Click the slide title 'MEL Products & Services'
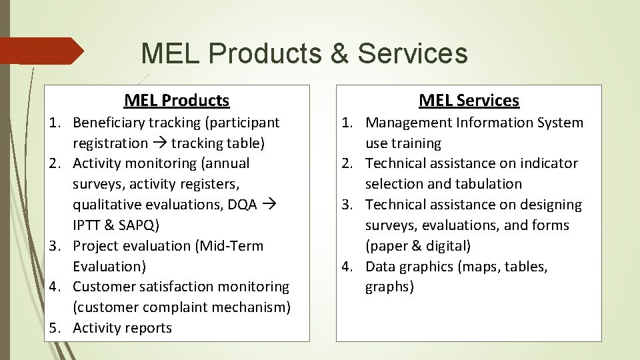tap(304, 53)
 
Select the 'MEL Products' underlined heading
tap(177, 101)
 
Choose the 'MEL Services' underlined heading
tap(469, 101)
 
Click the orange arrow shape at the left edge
tap(41, 51)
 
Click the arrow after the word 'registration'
tap(159, 143)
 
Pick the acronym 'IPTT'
tap(87, 225)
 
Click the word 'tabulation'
tap(489, 184)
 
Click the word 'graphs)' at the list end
tap(389, 287)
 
